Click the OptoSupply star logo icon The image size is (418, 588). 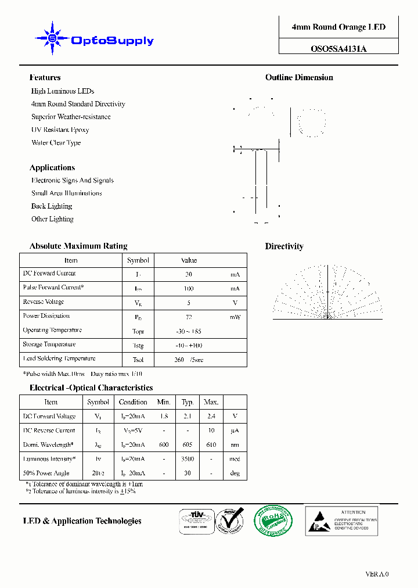pyautogui.click(x=52, y=38)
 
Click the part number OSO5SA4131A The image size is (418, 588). pyautogui.click(x=338, y=49)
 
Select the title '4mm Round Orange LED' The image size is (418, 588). pyautogui.click(x=338, y=27)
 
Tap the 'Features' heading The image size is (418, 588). pyautogui.click(x=45, y=77)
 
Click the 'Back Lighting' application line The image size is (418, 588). pyautogui.click(x=52, y=206)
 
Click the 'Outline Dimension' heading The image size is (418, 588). pyautogui.click(x=299, y=77)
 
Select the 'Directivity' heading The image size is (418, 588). pyautogui.click(x=284, y=246)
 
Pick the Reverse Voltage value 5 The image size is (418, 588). pyautogui.click(x=189, y=303)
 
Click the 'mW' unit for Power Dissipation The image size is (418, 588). pyautogui.click(x=235, y=317)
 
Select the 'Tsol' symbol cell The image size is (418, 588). pyautogui.click(x=138, y=360)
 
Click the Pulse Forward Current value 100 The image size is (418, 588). pyautogui.click(x=189, y=289)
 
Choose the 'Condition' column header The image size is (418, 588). pyautogui.click(x=133, y=402)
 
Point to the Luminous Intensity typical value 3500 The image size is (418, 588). pyautogui.click(x=188, y=459)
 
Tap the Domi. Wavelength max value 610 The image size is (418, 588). pyautogui.click(x=211, y=445)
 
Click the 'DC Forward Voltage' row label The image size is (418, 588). pyautogui.click(x=49, y=416)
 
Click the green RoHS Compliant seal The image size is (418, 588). pyautogui.click(x=273, y=520)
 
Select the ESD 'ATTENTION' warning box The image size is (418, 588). pyautogui.click(x=342, y=520)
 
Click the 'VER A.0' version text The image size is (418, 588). pyautogui.click(x=377, y=574)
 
